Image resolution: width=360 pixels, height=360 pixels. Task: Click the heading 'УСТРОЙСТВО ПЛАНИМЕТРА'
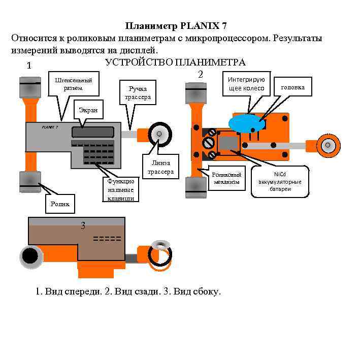click(x=175, y=62)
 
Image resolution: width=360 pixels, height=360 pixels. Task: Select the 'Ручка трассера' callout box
click(x=137, y=92)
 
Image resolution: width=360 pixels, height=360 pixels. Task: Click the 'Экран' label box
click(x=88, y=110)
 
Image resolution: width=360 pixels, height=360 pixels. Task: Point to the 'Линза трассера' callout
click(x=160, y=167)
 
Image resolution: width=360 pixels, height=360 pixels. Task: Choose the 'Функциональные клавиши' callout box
click(x=120, y=189)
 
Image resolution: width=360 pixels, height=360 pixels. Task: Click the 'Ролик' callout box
click(x=59, y=204)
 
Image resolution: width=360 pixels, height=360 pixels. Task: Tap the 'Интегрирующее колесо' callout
click(x=246, y=84)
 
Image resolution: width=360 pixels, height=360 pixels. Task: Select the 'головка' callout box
click(x=292, y=87)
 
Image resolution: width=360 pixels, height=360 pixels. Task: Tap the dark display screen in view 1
click(x=92, y=132)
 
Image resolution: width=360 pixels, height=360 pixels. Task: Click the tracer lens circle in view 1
click(x=159, y=134)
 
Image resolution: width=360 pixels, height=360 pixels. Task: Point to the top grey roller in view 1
click(x=30, y=87)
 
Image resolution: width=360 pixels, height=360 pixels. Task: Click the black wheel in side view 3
click(x=31, y=255)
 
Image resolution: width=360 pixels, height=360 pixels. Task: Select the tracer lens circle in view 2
click(x=328, y=145)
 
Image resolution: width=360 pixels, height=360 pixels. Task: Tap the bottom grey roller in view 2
click(x=195, y=187)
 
